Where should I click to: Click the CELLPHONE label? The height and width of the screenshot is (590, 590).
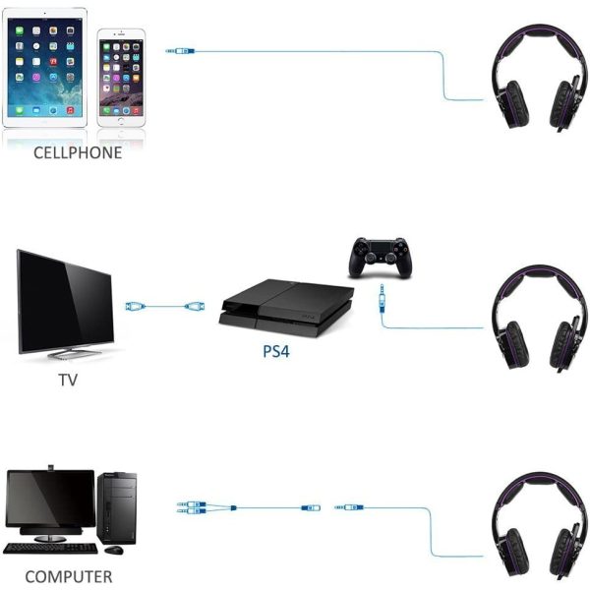coord(78,152)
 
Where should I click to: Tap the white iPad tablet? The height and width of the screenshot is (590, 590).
coord(45,67)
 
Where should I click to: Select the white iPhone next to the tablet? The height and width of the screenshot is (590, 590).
coord(121,78)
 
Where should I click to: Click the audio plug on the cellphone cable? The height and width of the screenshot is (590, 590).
coord(180,51)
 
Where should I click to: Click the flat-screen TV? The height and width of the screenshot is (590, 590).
coord(66,304)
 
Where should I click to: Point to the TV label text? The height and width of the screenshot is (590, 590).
coord(68,380)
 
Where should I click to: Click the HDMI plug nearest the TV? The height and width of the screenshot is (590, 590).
coord(135,306)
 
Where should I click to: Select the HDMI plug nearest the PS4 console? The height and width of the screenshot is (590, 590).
coord(195,306)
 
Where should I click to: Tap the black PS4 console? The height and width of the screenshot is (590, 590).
coord(286,307)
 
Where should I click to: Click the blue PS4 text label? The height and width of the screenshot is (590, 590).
coord(276,351)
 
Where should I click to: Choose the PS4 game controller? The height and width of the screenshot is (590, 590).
coord(380,258)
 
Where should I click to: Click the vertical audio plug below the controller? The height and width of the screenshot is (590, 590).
coord(382,298)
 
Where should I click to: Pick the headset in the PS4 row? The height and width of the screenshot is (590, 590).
coord(540,318)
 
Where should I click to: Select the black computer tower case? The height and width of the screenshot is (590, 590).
coord(117,508)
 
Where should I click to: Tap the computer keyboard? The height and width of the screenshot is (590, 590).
coord(50,549)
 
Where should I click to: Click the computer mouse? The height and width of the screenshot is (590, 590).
coord(114,550)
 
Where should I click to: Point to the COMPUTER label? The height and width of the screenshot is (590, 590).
coord(69,577)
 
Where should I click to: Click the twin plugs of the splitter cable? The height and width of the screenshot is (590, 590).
coord(192,507)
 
